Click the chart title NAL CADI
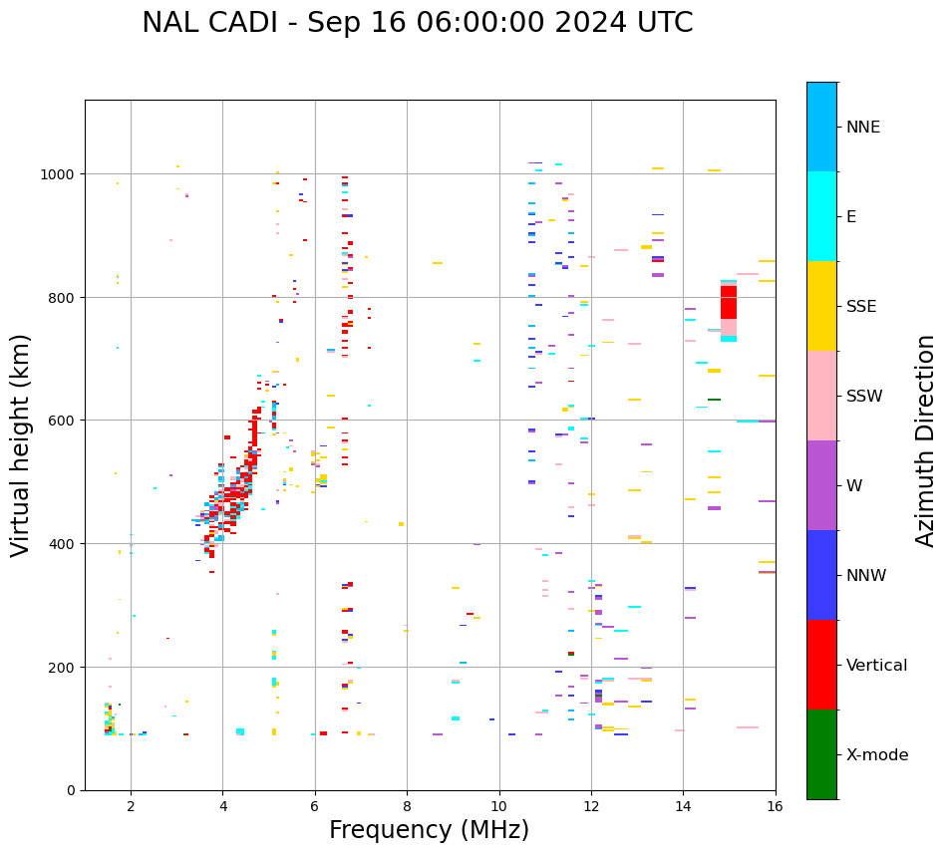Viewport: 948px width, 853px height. tap(417, 23)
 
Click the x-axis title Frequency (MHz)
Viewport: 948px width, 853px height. tap(429, 830)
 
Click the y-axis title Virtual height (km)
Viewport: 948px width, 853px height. tap(21, 445)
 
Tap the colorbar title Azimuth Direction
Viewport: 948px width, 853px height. tap(926, 440)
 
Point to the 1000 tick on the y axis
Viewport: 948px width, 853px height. tap(61, 174)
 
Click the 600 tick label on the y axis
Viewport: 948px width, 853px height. tap(66, 421)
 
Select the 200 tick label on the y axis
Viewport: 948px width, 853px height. tap(66, 667)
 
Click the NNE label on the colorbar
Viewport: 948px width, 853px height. tap(863, 128)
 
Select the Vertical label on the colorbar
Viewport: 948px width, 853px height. tap(876, 666)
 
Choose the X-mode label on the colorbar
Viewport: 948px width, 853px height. tap(877, 755)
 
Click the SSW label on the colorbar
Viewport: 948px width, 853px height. tap(864, 397)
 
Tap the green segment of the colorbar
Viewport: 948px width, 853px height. tap(821, 754)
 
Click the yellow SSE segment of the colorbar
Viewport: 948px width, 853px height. tap(821, 306)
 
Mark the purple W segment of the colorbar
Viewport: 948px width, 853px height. tap(821, 485)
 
